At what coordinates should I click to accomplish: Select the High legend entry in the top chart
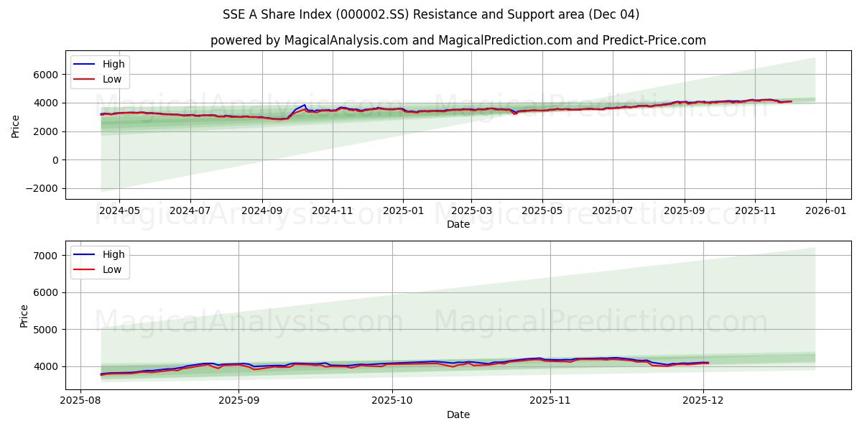tap(113, 64)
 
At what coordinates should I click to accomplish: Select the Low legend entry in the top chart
tap(111, 79)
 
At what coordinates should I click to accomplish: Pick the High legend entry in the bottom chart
tap(113, 254)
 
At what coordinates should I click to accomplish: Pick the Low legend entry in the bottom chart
tap(111, 269)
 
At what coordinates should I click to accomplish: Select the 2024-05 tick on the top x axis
tap(119, 210)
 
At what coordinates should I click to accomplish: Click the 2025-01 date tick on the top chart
tap(402, 210)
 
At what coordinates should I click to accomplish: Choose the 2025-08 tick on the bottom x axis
tap(80, 401)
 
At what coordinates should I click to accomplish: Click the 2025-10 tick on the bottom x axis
tap(392, 401)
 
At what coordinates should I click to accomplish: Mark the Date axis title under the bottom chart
tap(458, 414)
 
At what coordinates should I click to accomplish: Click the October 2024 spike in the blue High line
tap(304, 106)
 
